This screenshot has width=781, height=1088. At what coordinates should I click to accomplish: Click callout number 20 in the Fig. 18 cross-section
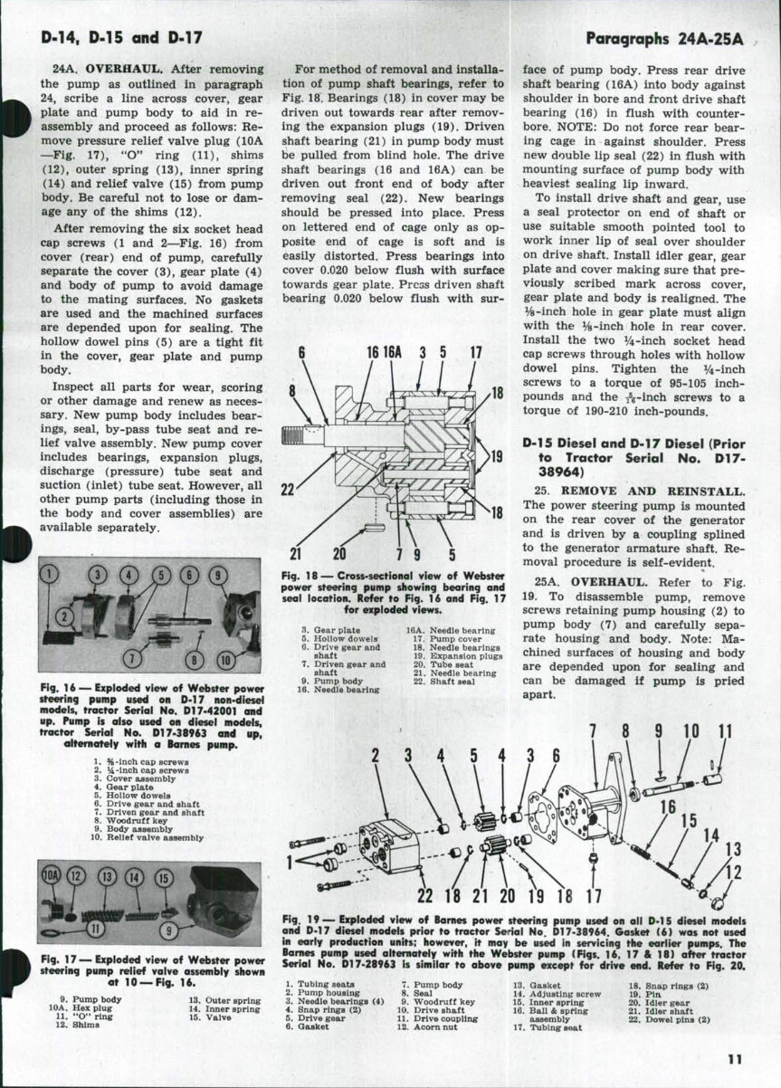[x=340, y=554]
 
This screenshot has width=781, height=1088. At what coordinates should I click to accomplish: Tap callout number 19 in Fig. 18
[x=496, y=455]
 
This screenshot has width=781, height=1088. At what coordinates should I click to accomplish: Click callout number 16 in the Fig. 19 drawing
[x=668, y=807]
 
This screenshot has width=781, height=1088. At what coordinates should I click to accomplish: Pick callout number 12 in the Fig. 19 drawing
[x=733, y=873]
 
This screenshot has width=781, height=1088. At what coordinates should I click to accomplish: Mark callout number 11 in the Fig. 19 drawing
[x=724, y=731]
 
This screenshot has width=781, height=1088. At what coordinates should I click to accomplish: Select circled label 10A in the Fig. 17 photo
[x=52, y=877]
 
